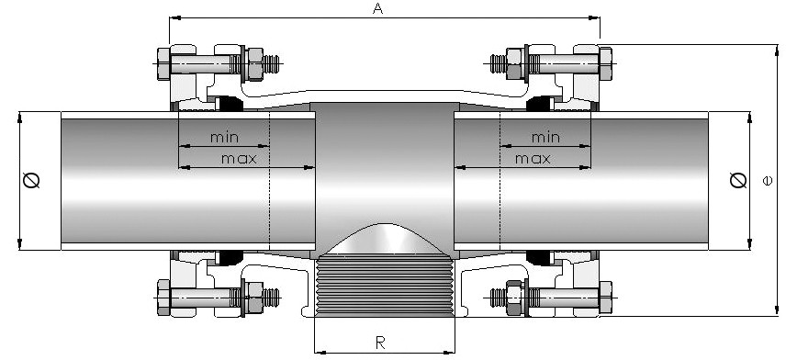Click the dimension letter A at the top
coord(378,8)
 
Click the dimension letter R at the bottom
coord(380,343)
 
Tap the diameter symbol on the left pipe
coord(31,180)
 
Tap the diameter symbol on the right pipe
coord(738,180)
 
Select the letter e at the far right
coord(768,181)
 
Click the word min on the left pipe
coord(224,137)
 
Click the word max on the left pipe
coord(239,159)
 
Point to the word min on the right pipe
coord(545,137)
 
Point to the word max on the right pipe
coord(533,159)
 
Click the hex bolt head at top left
coord(164,63)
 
